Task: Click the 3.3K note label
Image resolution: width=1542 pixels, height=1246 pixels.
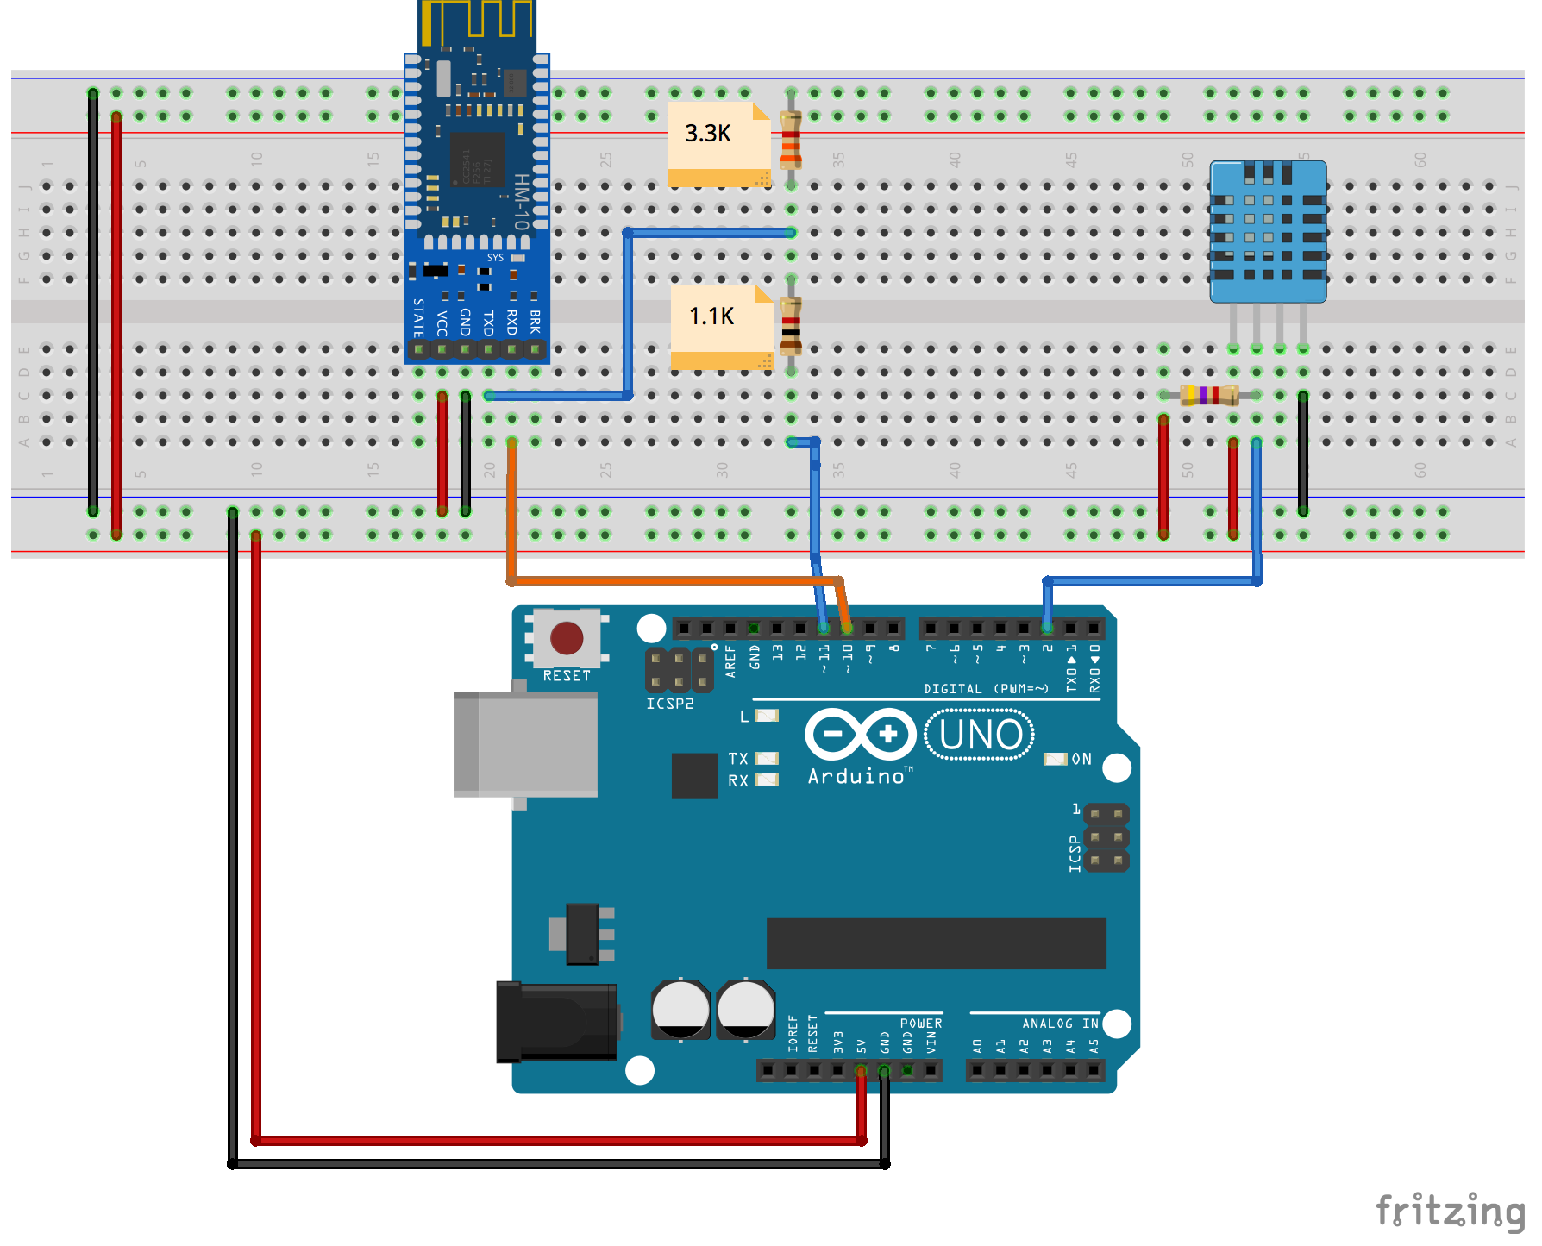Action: pos(708,134)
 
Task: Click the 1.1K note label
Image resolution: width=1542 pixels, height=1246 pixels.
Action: pos(711,316)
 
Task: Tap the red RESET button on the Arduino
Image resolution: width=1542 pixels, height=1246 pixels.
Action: pos(567,639)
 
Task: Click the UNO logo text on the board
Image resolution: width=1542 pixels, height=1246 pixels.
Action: pos(981,736)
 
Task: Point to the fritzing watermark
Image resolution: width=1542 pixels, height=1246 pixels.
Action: pos(1449,1211)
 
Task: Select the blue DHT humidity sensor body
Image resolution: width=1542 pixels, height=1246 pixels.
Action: pos(1268,231)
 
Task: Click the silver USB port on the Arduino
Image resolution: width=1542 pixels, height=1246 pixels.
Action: pos(528,744)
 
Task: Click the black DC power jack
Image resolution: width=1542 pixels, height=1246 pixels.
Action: pos(557,1022)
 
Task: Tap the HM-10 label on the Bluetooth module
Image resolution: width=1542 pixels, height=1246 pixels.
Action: pos(521,200)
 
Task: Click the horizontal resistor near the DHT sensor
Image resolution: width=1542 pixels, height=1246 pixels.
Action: pos(1209,395)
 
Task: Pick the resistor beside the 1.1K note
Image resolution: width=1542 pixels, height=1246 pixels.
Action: pos(791,326)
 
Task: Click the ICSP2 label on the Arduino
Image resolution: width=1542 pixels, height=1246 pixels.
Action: pos(670,704)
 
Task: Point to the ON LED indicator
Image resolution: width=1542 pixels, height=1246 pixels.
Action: pos(1055,759)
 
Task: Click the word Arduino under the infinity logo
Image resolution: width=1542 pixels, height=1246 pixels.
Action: pos(856,777)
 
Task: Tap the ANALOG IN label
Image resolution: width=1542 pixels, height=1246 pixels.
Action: pos(1060,1024)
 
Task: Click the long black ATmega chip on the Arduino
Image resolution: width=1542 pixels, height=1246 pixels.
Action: pos(936,943)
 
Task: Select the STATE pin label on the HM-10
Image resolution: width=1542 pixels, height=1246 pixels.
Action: pos(418,317)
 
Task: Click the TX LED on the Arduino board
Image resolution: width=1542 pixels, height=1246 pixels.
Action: pos(767,759)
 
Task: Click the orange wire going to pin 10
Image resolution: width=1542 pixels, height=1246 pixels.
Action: pos(673,581)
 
